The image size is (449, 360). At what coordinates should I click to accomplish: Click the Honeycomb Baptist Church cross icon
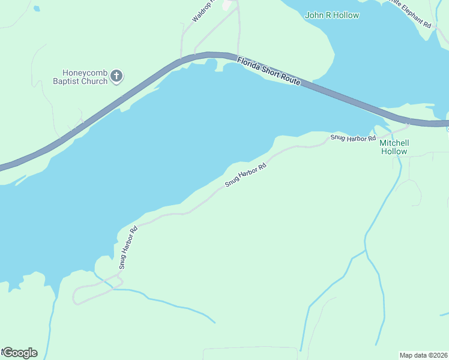coord(116,76)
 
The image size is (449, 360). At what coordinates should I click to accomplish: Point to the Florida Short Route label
coord(268,71)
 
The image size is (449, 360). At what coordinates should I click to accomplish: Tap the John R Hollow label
coord(332,15)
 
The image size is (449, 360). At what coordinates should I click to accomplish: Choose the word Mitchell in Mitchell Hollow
coord(394,143)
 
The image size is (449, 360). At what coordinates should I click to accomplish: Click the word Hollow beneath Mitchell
coord(394,151)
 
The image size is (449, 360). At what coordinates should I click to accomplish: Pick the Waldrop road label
coord(202,12)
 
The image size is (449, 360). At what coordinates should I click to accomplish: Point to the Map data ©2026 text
coord(423,355)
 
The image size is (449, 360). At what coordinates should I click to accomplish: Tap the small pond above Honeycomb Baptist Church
coord(37,9)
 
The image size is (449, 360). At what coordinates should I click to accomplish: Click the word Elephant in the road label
coord(414,16)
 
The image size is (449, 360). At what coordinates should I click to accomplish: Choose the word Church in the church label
coord(95,81)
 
